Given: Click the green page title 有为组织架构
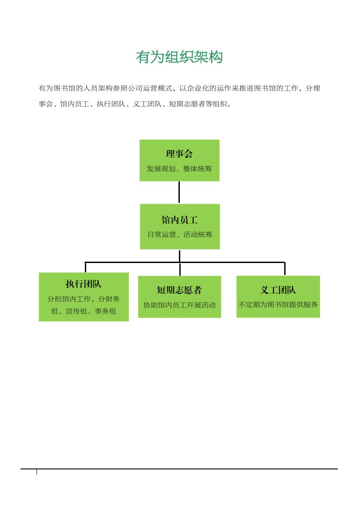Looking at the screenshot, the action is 179,57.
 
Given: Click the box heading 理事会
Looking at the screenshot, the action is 179,154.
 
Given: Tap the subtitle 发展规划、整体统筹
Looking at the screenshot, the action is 179,169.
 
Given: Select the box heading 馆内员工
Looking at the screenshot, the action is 179,220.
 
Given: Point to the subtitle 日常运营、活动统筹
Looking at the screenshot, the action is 179,234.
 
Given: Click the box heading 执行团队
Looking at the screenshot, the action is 84,284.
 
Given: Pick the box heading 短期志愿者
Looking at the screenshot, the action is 179,290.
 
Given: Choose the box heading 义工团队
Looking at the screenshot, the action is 278,290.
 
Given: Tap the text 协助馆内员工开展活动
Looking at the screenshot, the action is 179,305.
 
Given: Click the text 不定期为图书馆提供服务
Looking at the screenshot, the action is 278,304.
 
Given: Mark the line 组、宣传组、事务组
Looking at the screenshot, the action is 84,311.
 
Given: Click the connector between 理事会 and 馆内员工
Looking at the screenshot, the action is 179,192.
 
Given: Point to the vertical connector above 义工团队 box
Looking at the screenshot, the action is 285,269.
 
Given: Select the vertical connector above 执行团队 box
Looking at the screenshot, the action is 85,267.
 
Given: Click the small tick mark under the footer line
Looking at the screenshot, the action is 37,472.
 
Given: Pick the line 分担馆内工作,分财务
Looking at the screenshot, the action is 84,299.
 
